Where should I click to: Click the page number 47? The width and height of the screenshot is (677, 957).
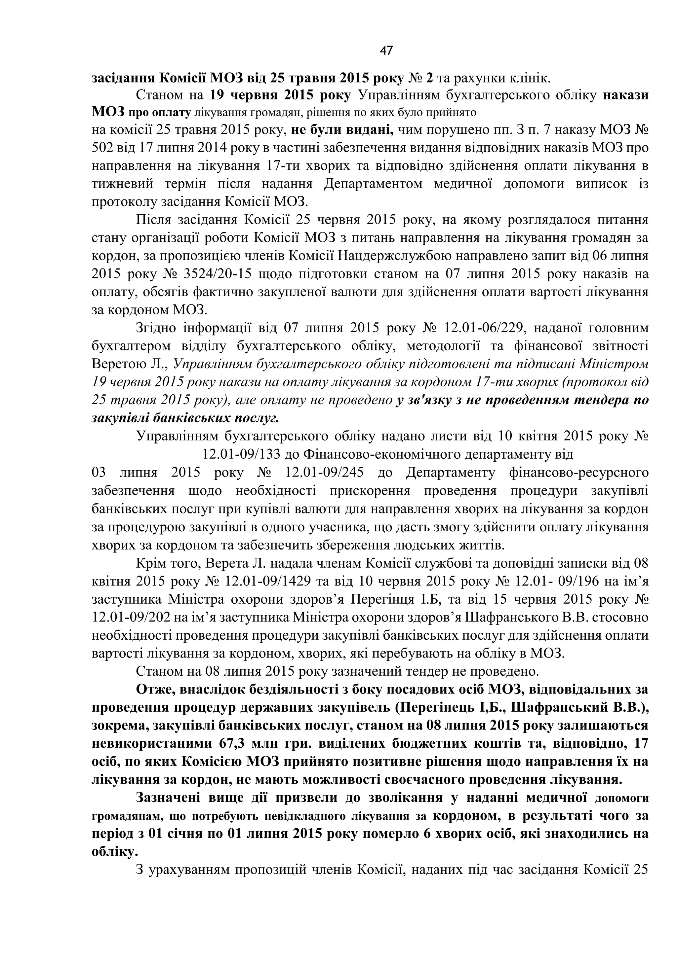(386, 51)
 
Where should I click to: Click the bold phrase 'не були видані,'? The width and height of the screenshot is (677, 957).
(342, 130)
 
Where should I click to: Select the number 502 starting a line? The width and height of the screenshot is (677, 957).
(102, 148)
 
